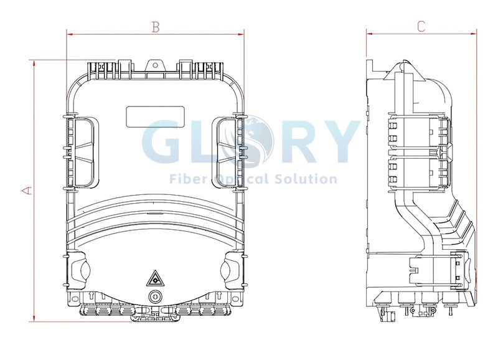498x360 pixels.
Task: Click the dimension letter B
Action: coord(155,27)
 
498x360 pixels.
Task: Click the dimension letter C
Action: coord(421,26)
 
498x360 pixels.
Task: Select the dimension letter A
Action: coord(27,191)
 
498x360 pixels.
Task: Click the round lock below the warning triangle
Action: coord(155,297)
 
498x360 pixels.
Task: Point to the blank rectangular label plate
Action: coord(155,116)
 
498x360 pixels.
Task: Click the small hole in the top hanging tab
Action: coord(155,65)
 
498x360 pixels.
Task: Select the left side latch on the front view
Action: coord(81,152)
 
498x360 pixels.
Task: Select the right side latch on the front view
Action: coord(229,152)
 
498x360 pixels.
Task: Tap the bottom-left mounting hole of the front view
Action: coord(75,298)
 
